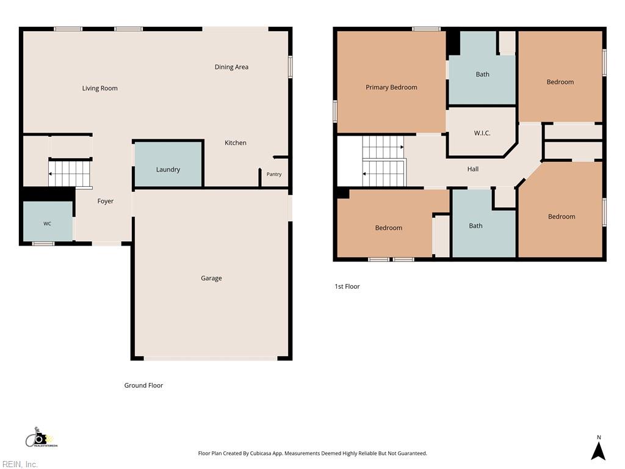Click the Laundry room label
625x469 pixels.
tap(168, 170)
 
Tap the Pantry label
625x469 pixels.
tap(274, 174)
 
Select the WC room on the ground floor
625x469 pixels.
tap(48, 221)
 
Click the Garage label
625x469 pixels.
tap(211, 278)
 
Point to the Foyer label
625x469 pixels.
tap(105, 201)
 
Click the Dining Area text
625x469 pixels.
tap(231, 67)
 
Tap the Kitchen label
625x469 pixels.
tap(235, 143)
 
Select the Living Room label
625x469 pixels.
tap(99, 88)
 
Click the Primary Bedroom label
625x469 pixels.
tap(391, 87)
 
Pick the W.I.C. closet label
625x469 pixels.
tap(482, 133)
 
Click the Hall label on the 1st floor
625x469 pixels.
tap(473, 169)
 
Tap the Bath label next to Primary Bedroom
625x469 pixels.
tap(482, 74)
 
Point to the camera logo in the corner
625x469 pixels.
tap(41, 437)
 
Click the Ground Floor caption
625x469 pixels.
tap(143, 385)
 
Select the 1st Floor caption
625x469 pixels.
tap(347, 286)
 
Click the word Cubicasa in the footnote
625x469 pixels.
tap(260, 454)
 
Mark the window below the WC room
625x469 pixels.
tap(43, 243)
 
